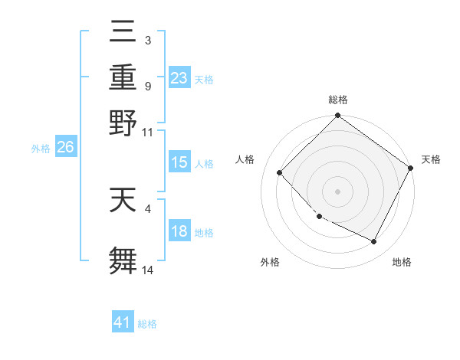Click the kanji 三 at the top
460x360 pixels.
pos(123,34)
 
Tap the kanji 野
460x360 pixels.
pos(123,123)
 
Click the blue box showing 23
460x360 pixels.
pos(179,77)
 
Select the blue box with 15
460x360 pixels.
pos(179,162)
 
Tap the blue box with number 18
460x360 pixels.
pos(179,231)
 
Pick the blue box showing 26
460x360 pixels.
pos(65,148)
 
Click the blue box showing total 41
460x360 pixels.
pos(123,322)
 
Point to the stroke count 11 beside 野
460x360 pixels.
pos(148,131)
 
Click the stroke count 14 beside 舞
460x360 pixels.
pos(148,270)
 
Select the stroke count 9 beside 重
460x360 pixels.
pos(147,86)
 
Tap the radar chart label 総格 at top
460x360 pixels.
pos(338,100)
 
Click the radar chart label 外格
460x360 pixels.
pos(270,262)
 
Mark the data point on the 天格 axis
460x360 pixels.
pos(411,168)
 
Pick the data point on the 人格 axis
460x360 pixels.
pos(280,172)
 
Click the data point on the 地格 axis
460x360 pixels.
pos(374,242)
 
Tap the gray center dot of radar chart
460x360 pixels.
pos(338,191)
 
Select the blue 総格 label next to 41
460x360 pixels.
pos(147,324)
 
